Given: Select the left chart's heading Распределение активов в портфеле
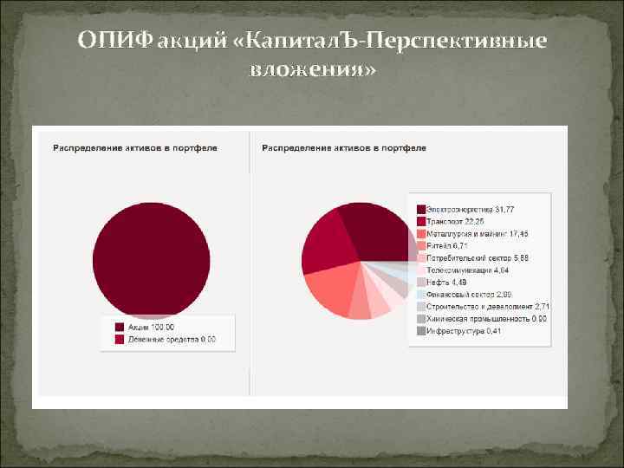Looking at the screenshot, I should click(x=135, y=148).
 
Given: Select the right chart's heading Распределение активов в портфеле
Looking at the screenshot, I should click(x=344, y=148).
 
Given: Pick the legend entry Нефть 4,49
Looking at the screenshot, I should click(x=447, y=283).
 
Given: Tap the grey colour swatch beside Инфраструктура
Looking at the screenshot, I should click(x=420, y=331).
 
